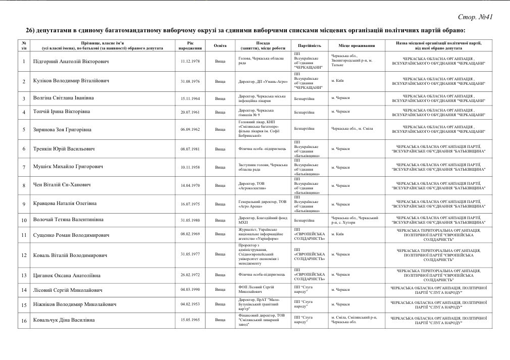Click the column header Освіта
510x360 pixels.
[x=220, y=45]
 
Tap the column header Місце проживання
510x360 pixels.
[x=356, y=45]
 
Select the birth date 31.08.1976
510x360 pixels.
[x=190, y=81]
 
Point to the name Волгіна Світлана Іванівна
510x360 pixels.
[x=64, y=98]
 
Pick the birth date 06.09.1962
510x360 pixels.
[x=190, y=129]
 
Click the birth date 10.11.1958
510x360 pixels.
[x=190, y=167]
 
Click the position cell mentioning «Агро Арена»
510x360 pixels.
[x=263, y=204]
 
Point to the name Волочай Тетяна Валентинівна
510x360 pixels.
[x=69, y=220]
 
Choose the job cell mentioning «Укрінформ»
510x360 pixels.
[x=263, y=234]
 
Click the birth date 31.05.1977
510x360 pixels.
[x=190, y=254]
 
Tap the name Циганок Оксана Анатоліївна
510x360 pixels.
[x=67, y=275]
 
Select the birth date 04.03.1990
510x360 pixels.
[x=190, y=290]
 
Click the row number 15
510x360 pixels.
[x=24, y=305]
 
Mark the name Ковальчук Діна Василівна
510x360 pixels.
[x=66, y=320]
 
